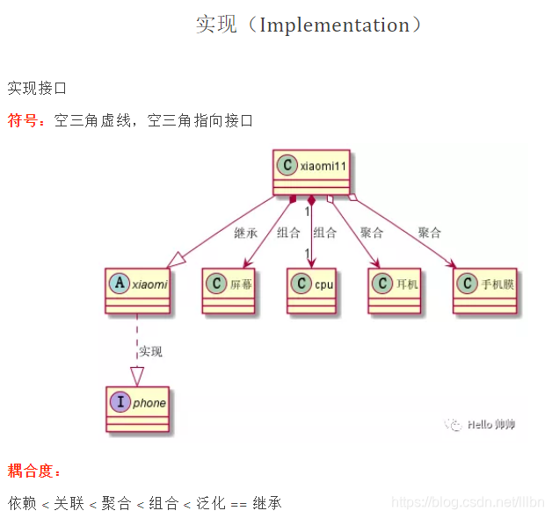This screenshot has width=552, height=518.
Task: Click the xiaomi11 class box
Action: pos(311,172)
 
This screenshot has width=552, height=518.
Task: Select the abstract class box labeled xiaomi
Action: pos(137,291)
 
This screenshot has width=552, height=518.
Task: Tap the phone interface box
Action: pos(137,409)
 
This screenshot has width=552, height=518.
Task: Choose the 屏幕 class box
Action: pos(229,291)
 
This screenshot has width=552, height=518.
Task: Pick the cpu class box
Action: pos(311,291)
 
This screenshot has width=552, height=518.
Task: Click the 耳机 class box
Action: pos(395,291)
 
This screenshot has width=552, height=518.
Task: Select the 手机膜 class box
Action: pos(484,291)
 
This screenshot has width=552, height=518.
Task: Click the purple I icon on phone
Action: pos(119,403)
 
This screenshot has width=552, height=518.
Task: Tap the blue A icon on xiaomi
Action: pos(119,284)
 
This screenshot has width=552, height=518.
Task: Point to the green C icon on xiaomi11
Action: pos(287,165)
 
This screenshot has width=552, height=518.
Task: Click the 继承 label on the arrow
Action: pos(246,233)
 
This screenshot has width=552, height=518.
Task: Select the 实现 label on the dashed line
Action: pos(150,351)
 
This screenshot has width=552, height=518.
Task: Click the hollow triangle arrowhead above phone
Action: pos(137,377)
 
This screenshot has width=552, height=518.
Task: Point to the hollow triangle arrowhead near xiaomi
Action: pos(177,259)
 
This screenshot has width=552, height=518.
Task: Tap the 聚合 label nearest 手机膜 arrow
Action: pos(430,233)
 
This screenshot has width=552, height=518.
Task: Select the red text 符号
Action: pos(25,120)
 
